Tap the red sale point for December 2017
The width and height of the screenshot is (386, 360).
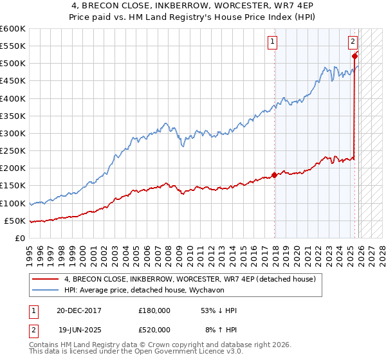tap(275, 175)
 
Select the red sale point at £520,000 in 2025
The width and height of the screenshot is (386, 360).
tap(354, 57)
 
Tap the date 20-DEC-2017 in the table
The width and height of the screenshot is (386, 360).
tap(80, 310)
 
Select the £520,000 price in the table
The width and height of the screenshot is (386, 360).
tap(154, 329)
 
